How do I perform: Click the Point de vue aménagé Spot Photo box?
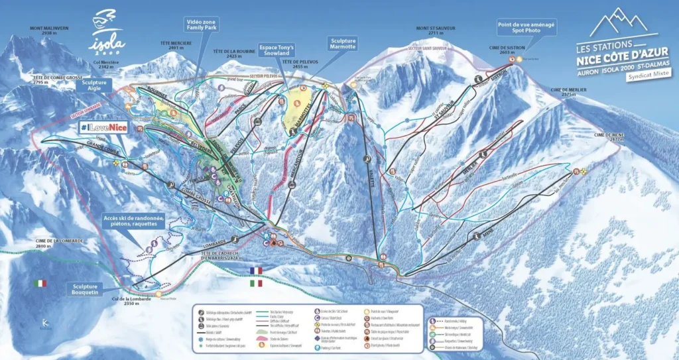526,27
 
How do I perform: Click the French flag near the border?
255,270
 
